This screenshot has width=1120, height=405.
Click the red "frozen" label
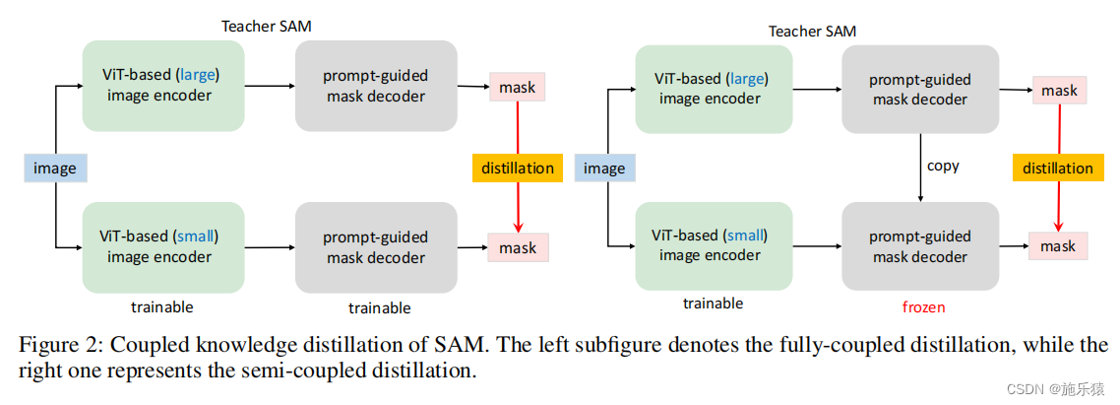point(923,307)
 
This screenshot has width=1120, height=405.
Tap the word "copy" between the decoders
point(943,166)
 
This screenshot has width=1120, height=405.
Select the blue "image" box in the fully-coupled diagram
point(55,168)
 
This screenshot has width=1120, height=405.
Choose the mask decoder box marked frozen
point(920,246)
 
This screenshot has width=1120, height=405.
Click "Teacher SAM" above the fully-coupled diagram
point(267,27)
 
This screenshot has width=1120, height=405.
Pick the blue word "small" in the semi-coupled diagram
point(745,236)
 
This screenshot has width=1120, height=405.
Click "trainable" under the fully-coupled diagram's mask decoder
point(379,308)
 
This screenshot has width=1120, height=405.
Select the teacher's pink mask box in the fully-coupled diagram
point(517,87)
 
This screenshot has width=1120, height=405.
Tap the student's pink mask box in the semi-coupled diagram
point(1058,245)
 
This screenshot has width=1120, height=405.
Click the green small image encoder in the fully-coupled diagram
point(162,246)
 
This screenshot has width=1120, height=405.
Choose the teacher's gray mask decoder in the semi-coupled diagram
point(920,89)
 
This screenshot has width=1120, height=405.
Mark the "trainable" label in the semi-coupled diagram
point(713,304)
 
